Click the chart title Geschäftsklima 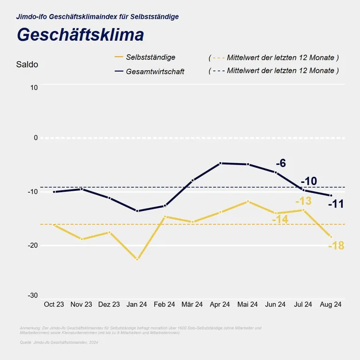tap(80, 35)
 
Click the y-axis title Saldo tap(27, 65)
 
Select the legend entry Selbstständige tap(150, 57)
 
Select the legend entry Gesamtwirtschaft tap(155, 72)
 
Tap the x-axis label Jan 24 tap(137, 305)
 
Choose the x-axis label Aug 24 tap(330, 305)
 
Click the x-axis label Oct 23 tap(54, 305)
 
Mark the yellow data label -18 tap(336, 246)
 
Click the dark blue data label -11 tap(336, 204)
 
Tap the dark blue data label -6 tap(281, 164)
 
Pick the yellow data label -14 tap(280, 219)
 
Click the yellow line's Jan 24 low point tap(137, 259)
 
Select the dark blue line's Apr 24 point tap(220, 163)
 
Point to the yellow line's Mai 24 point tap(248, 202)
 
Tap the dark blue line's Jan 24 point tap(137, 211)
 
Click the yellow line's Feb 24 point tap(165, 217)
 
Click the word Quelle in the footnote tap(25, 343)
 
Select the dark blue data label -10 tap(308, 181)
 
